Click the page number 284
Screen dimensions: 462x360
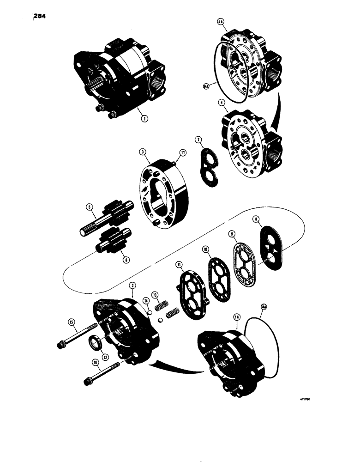point(42,18)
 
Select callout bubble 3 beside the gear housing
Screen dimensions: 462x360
point(144,152)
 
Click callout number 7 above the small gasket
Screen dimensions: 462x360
point(198,140)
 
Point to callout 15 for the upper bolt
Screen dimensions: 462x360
point(71,322)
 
